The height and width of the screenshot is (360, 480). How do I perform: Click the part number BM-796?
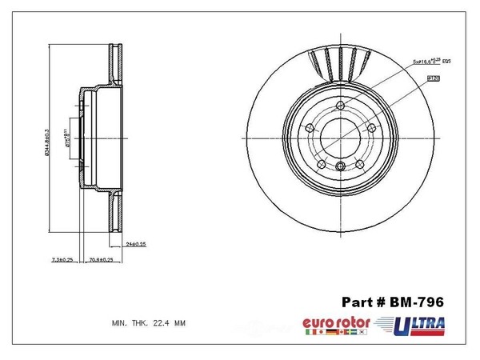[x=418, y=302]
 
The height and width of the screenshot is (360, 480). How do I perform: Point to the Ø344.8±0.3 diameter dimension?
[x=50, y=133]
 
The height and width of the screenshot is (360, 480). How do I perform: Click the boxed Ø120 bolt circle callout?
[x=436, y=78]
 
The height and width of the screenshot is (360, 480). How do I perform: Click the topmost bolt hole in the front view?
[x=341, y=106]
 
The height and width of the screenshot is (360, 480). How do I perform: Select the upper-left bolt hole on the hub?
[x=310, y=127]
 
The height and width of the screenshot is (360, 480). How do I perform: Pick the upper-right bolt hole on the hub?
[x=371, y=127]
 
